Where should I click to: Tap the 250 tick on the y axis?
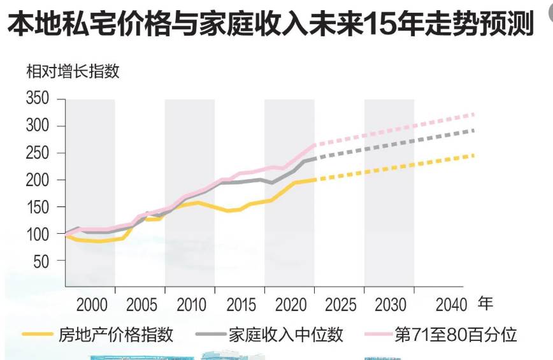(38, 154)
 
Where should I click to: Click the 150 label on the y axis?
(38, 208)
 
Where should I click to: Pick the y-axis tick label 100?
(38, 234)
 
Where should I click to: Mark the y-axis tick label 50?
(42, 261)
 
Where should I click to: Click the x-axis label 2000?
(92, 304)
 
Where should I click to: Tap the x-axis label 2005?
(142, 304)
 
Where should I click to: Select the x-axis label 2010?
(192, 304)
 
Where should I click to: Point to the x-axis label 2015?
(241, 304)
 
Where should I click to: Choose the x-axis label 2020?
(291, 304)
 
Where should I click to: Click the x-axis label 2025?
(341, 304)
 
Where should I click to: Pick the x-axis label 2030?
(391, 304)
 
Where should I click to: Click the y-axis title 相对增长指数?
(73, 71)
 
